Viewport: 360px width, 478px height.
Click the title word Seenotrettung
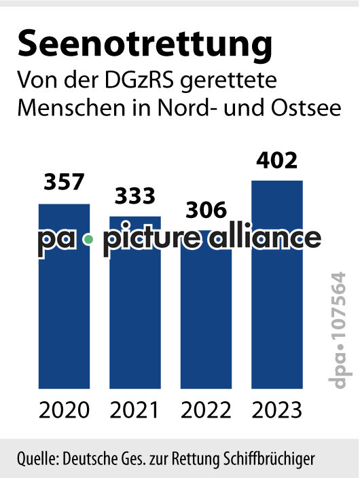[145, 44]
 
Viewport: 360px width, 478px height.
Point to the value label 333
[134, 196]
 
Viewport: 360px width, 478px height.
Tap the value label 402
[277, 161]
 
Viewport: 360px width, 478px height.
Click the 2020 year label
[64, 410]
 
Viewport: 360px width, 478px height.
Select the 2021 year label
[135, 410]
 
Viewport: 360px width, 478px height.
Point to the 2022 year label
[206, 410]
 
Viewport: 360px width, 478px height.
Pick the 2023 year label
[277, 410]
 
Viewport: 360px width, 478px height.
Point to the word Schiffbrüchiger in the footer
[274, 457]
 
